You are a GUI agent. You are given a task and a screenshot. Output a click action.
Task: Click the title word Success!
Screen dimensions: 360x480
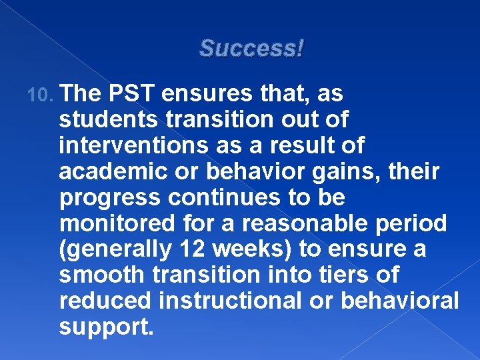tap(251, 48)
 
